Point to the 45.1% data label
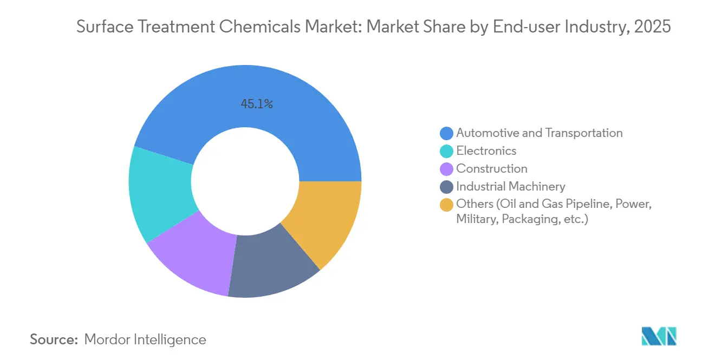[x=257, y=104]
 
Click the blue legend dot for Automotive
[x=447, y=133]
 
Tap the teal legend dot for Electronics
[x=447, y=151]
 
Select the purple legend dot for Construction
[x=447, y=169]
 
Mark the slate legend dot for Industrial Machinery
[x=447, y=187]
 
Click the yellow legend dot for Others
[x=447, y=205]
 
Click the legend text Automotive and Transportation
[x=539, y=133]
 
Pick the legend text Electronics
[x=486, y=151]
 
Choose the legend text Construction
[x=492, y=169]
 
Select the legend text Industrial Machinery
[x=511, y=187]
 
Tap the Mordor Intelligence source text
[x=145, y=339]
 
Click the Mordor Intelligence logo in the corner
[x=659, y=336]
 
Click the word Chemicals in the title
[x=254, y=27]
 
